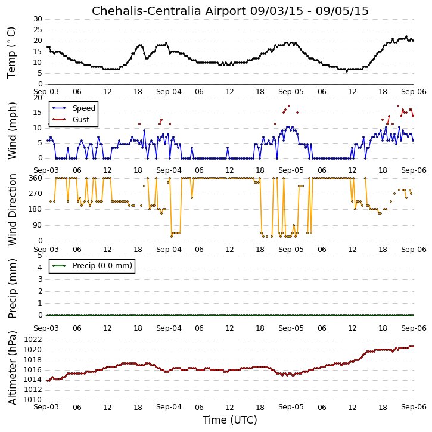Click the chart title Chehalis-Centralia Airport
[x=169, y=11]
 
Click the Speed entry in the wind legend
[x=84, y=108]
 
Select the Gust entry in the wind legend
[x=81, y=120]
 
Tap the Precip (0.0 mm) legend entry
[x=102, y=266]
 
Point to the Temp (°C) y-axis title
[x=11, y=52]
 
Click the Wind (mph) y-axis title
[x=12, y=130]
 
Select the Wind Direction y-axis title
[x=12, y=210]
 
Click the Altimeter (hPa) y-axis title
[x=12, y=368]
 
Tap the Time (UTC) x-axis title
[x=230, y=420]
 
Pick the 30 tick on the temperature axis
[x=38, y=19]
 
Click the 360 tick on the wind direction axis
[x=36, y=178]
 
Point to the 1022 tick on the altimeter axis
[x=33, y=340]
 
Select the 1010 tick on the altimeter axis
[x=33, y=400]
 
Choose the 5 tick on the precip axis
[x=40, y=256]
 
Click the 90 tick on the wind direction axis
[x=38, y=225]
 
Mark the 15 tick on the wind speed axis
[x=38, y=113]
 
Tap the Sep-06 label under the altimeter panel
[x=414, y=407]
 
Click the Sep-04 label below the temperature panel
[x=169, y=92]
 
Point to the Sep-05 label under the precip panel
[x=291, y=328]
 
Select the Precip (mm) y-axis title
[x=12, y=289]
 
